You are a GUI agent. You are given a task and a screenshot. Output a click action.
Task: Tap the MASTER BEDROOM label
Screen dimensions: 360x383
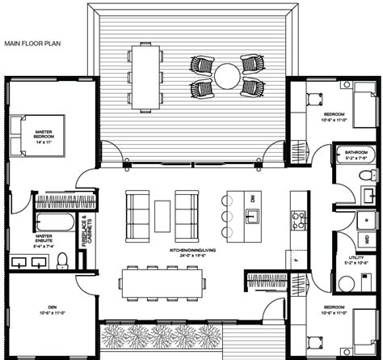pos(38,134)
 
